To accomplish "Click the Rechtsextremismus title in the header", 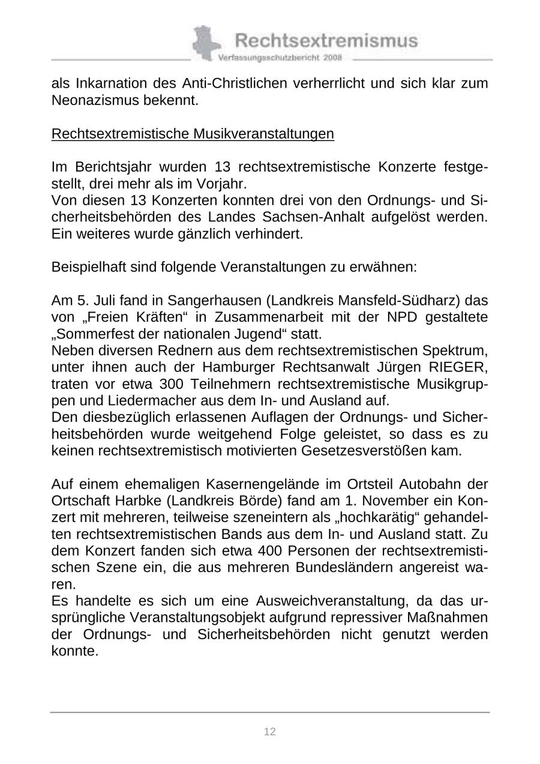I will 326,41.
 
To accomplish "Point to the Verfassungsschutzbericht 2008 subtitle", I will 280,58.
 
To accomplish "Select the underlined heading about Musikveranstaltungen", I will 193,133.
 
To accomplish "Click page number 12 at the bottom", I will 270,732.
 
